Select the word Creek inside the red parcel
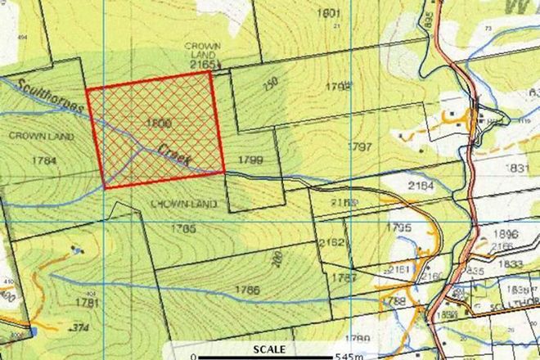(173, 153)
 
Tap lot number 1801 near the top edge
(331, 13)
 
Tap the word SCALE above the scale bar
(269, 349)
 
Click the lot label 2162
(331, 242)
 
